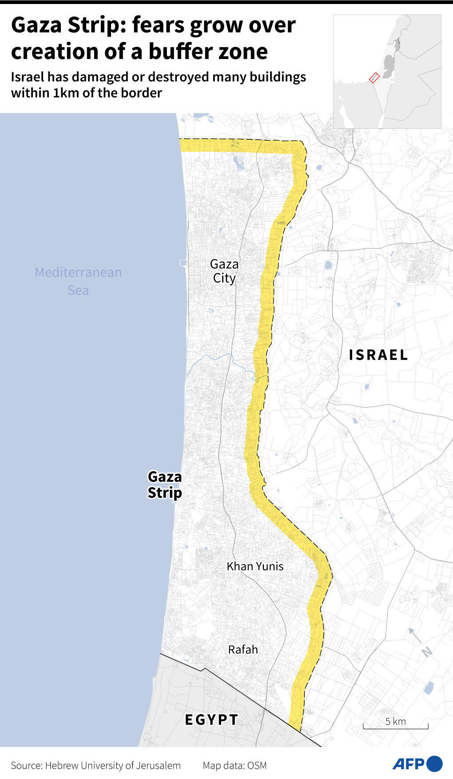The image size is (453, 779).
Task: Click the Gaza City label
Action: point(224,271)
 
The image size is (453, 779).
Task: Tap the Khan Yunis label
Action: point(255,566)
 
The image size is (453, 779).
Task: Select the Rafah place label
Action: point(243,649)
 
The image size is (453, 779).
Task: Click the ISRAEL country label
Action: point(378,355)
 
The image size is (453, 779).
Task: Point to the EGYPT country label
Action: point(211,719)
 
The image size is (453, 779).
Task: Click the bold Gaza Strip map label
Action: point(165,484)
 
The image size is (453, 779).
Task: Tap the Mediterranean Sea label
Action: point(78,281)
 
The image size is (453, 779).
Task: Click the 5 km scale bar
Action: point(395,725)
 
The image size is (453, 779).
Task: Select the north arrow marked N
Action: point(420,642)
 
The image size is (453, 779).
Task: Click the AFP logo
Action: point(408,764)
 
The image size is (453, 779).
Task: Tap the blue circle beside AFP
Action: point(435,763)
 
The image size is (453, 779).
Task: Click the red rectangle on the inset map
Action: point(374,78)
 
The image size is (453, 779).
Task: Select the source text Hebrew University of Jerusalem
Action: point(113,765)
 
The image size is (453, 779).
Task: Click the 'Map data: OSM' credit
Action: point(234,765)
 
